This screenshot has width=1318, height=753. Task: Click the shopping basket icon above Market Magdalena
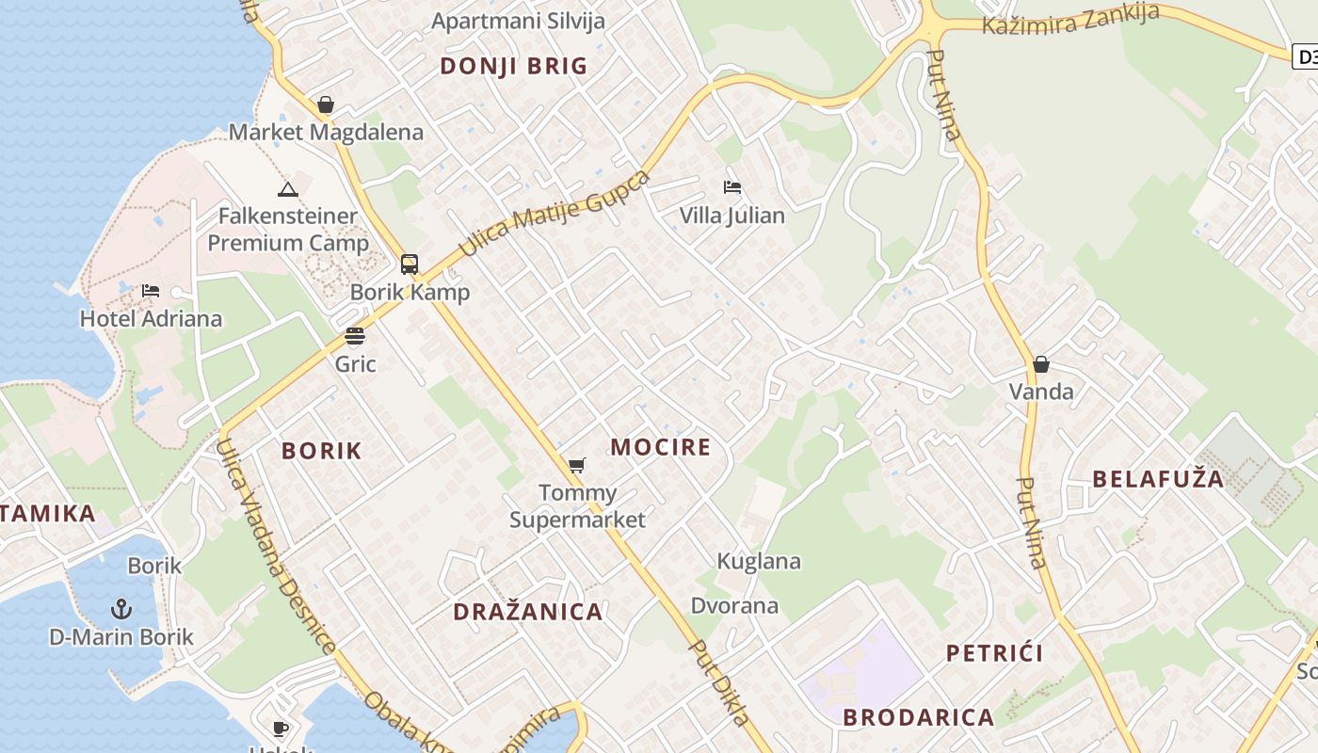click(x=326, y=104)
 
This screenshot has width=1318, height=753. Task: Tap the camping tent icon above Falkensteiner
click(x=288, y=189)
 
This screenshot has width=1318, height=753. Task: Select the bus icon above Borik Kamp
click(x=410, y=264)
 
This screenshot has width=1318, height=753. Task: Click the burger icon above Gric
click(x=355, y=336)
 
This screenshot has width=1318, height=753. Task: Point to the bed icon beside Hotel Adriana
click(x=151, y=291)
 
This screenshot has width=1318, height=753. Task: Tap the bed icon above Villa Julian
click(x=732, y=187)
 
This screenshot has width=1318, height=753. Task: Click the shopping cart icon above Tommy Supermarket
click(x=577, y=465)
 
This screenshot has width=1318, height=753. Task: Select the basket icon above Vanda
click(x=1041, y=364)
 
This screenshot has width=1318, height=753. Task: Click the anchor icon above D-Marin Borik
click(x=121, y=609)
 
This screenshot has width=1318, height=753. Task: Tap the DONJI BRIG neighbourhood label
click(x=514, y=66)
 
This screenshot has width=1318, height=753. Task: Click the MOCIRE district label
click(x=661, y=447)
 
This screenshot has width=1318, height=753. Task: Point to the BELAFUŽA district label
click(x=1158, y=479)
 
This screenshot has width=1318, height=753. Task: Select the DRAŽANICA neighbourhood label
click(x=528, y=612)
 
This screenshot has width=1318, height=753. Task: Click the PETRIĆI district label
click(x=994, y=653)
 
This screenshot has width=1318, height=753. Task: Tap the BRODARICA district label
click(x=918, y=717)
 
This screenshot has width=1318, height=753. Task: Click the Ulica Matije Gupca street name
click(x=555, y=215)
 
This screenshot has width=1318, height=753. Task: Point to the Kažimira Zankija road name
click(x=1070, y=19)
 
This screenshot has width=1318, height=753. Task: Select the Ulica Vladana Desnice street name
click(x=276, y=546)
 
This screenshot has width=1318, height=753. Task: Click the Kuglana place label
click(x=759, y=562)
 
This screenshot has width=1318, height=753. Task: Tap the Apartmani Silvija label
click(x=518, y=21)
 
